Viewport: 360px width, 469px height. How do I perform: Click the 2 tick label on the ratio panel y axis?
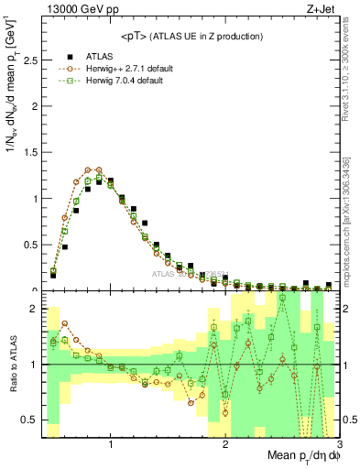tap(34, 310)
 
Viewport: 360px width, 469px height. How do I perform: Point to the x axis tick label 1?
tap(111, 446)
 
